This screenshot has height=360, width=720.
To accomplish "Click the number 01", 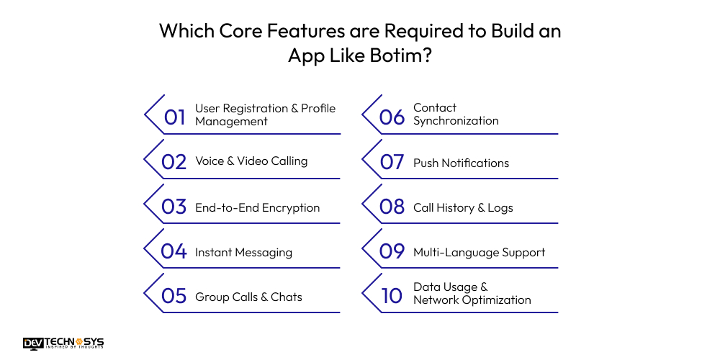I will (x=175, y=117).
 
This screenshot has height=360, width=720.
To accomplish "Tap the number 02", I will (x=174, y=161).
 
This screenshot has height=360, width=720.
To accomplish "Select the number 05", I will (x=174, y=297).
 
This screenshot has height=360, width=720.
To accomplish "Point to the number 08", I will (x=392, y=207).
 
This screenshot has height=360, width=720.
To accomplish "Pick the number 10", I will (x=392, y=295).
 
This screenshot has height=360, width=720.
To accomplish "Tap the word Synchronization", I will (x=456, y=121).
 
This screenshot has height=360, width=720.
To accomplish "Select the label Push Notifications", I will (x=461, y=163).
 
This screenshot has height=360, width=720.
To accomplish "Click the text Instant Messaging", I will (x=243, y=252).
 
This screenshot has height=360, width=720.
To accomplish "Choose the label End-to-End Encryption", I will (x=257, y=207).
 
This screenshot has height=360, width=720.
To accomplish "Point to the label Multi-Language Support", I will (x=479, y=252).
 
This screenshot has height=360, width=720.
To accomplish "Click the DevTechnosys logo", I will (x=63, y=343).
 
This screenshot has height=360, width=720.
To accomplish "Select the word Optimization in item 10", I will (x=495, y=300).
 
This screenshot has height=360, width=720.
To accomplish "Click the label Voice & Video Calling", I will (x=251, y=161).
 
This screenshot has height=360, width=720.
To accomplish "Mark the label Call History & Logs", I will (x=463, y=207).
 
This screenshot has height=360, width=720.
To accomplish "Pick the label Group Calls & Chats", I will (x=248, y=297).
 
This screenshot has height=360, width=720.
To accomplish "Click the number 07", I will (x=392, y=162).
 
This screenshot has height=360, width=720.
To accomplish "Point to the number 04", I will (x=174, y=251).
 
